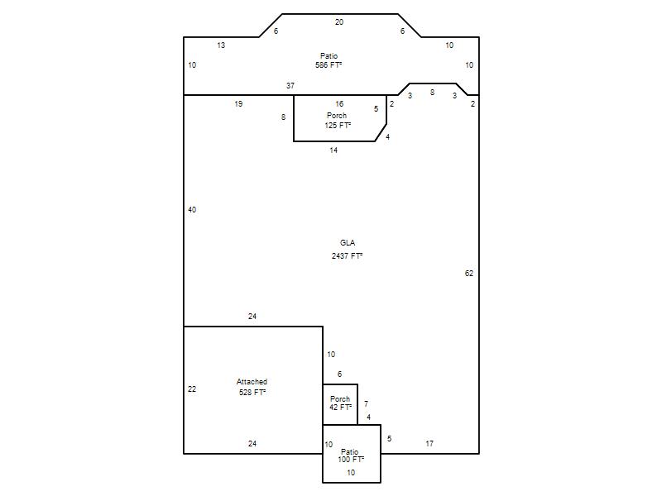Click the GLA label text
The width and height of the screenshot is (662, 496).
point(348,243)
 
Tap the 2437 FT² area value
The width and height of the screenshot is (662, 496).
point(347,256)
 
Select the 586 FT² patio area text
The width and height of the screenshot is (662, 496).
point(329,65)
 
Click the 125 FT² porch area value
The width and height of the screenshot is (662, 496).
point(338,126)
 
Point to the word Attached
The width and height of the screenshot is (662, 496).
point(252,382)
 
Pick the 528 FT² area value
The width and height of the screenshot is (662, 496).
point(252,392)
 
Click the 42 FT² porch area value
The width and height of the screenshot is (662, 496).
point(340,408)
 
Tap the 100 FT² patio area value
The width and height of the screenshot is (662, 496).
point(351,460)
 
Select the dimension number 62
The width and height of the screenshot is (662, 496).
point(469,274)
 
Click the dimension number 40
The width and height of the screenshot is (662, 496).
point(192,210)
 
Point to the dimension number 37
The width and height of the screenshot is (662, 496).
point(290,86)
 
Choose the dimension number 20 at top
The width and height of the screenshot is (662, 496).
point(339,22)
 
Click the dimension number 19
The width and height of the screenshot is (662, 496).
point(238,104)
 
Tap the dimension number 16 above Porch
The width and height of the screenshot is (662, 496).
point(339,104)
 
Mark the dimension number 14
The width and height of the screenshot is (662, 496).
point(333,150)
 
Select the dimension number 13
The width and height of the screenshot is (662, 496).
point(221,45)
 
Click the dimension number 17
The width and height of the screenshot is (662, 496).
point(429,444)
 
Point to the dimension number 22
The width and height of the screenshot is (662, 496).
point(192,389)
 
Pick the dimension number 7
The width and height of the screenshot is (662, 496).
point(366,403)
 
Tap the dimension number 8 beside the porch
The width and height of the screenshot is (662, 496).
point(283,117)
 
